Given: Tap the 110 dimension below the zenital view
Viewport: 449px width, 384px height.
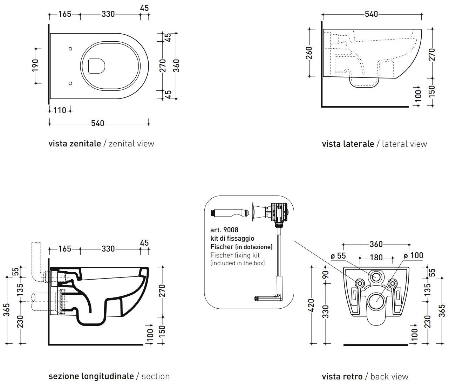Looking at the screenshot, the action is click(60, 111).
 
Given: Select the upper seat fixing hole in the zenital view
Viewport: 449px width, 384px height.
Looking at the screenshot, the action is click(70, 49).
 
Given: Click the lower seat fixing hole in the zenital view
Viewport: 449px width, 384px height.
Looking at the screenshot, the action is click(70, 83).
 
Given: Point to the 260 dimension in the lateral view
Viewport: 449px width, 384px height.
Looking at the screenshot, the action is click(309, 53).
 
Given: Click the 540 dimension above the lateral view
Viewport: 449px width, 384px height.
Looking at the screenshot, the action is click(372, 14).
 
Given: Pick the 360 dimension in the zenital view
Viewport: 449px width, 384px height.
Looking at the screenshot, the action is click(176, 66).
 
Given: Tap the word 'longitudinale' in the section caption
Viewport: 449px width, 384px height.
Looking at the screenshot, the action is click(108, 376).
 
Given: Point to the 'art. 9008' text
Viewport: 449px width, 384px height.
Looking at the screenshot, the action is click(224, 230).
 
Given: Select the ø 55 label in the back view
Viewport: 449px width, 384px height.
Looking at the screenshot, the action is click(338, 256).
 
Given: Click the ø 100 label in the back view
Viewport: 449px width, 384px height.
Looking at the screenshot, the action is click(413, 255).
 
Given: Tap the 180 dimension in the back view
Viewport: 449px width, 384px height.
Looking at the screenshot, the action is click(376, 258).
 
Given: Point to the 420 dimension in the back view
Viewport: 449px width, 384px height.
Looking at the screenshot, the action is click(312, 305).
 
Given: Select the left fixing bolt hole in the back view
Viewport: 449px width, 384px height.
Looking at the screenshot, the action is click(360, 283).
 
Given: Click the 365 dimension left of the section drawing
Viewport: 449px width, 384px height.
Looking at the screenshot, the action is click(7, 310).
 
